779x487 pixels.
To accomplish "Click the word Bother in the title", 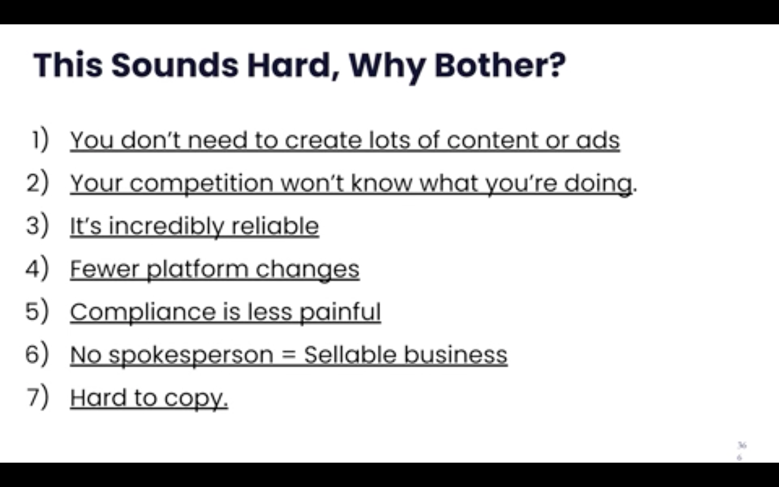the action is (x=500, y=65).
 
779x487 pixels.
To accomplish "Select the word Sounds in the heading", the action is (x=175, y=65).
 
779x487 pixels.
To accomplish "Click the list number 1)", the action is (x=39, y=140).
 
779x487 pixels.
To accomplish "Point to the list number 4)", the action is (x=37, y=268).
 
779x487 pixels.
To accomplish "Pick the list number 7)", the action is (x=37, y=397).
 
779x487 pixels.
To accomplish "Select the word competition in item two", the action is (x=201, y=184).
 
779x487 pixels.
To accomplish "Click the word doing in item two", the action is (x=598, y=184).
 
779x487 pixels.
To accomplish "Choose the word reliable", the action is (x=275, y=226).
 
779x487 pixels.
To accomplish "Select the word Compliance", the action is (x=143, y=312).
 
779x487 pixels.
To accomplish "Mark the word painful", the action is (x=340, y=312).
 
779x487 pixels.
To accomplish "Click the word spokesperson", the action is (x=191, y=356).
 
